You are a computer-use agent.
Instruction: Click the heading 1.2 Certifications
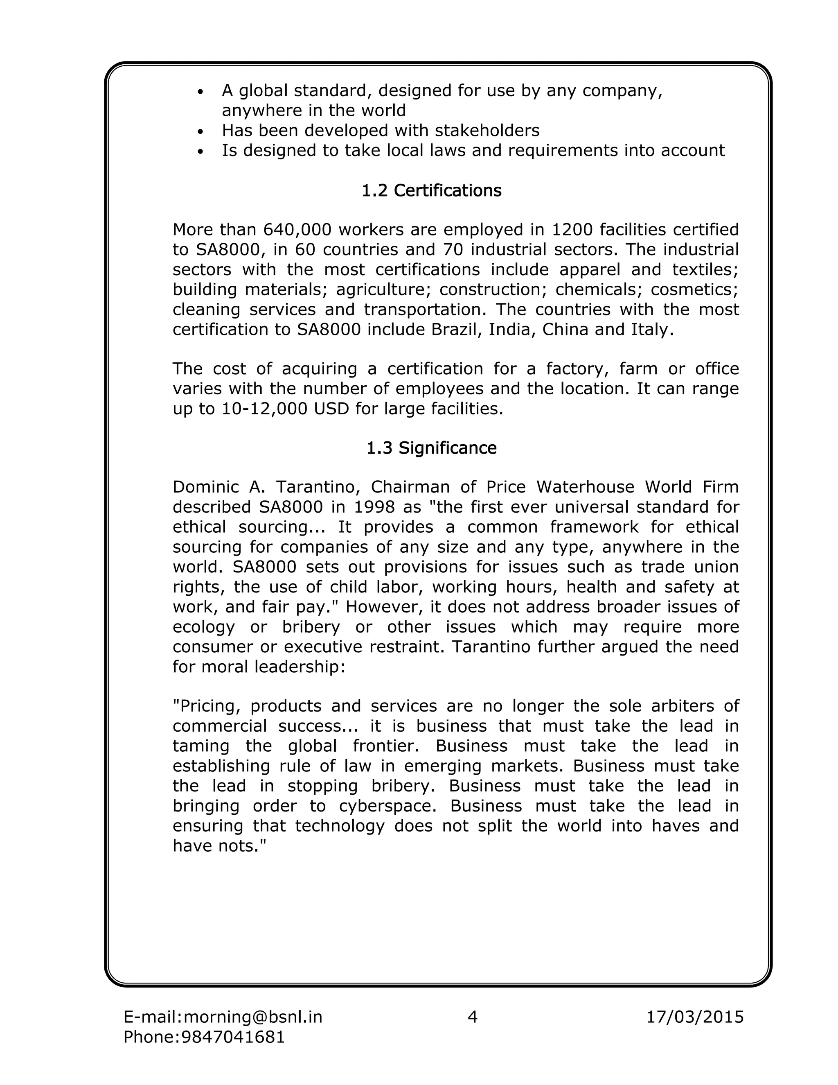pyautogui.click(x=431, y=190)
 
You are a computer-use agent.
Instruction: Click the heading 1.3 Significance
pyautogui.click(x=431, y=448)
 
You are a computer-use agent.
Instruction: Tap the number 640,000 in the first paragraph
pyautogui.click(x=293, y=230)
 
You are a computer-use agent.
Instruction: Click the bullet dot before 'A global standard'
pyautogui.click(x=200, y=93)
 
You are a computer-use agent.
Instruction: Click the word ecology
pyautogui.click(x=203, y=626)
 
